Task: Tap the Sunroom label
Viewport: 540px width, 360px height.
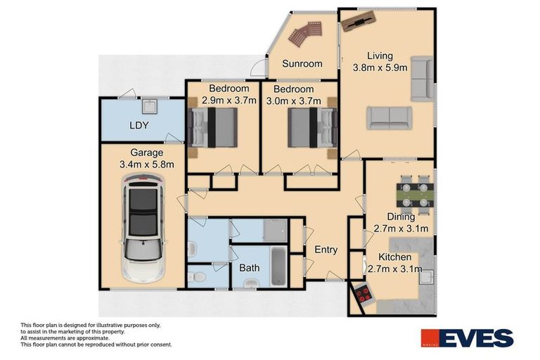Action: pyautogui.click(x=302, y=64)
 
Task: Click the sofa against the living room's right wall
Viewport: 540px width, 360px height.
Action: pyautogui.click(x=421, y=79)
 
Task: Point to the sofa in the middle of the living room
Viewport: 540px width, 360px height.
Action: pyautogui.click(x=389, y=117)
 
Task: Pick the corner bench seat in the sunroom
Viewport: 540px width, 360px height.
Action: pyautogui.click(x=307, y=32)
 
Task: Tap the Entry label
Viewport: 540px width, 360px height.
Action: pyautogui.click(x=326, y=250)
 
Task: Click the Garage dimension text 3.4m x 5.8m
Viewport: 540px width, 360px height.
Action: pyautogui.click(x=146, y=165)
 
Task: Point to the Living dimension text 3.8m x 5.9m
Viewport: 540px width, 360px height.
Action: pyautogui.click(x=379, y=68)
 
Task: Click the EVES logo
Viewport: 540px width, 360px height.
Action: pyautogui.click(x=467, y=338)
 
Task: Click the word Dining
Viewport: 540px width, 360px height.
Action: pyautogui.click(x=401, y=217)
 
